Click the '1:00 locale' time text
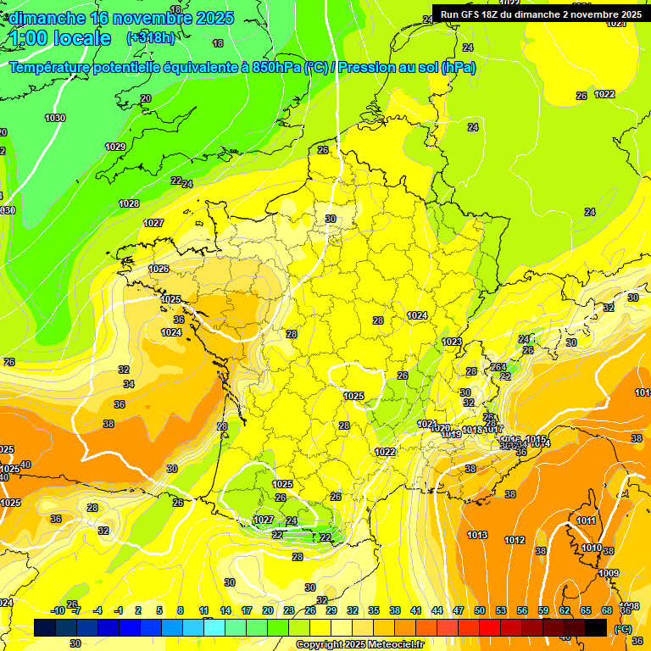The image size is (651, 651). [x=60, y=38]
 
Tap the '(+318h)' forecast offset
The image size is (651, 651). [x=151, y=37]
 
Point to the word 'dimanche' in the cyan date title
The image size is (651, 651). [x=46, y=17]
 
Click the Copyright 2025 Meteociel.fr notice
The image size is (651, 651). [x=359, y=645]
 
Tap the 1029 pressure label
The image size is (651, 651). [x=115, y=147]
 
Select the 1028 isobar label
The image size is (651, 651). [x=129, y=204]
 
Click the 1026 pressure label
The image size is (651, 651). [x=159, y=270]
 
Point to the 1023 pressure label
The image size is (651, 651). [x=452, y=342]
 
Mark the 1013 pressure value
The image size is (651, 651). [x=477, y=536]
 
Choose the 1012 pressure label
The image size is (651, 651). [x=515, y=541]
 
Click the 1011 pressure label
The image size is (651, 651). [x=586, y=520]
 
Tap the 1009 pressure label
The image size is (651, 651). [x=609, y=574]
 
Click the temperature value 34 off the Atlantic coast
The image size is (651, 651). [x=129, y=385]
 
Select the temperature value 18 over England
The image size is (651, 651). [x=219, y=43]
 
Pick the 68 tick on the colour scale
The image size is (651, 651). [x=607, y=610]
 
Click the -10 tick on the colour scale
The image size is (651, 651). [x=58, y=610]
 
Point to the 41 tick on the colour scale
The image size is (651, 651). [x=415, y=610]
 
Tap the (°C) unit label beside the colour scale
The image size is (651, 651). [x=622, y=629]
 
